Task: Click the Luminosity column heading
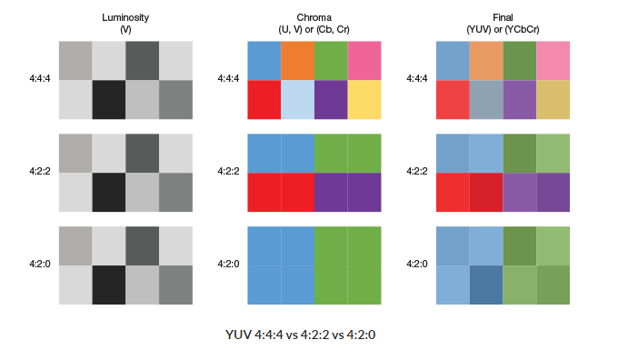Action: click(x=125, y=18)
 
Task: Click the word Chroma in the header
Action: click(x=314, y=18)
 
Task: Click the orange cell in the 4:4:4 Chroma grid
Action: click(x=297, y=60)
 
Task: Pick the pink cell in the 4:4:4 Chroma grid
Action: click(x=364, y=60)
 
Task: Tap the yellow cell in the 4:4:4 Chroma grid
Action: click(x=364, y=99)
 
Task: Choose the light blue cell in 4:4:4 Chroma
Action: click(x=297, y=99)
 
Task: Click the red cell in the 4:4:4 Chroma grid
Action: click(x=264, y=99)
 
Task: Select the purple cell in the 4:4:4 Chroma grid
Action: click(x=331, y=99)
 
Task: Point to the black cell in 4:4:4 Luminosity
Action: click(x=108, y=99)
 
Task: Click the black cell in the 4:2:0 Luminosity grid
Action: click(x=108, y=285)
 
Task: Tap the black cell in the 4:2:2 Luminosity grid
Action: click(x=108, y=192)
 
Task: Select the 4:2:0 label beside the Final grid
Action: click(x=417, y=264)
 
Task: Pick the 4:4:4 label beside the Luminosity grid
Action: click(x=40, y=79)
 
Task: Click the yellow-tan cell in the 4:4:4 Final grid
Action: click(x=553, y=99)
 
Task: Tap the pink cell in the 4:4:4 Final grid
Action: click(x=553, y=60)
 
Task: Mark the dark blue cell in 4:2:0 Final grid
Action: click(x=486, y=285)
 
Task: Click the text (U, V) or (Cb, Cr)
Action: click(x=314, y=30)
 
